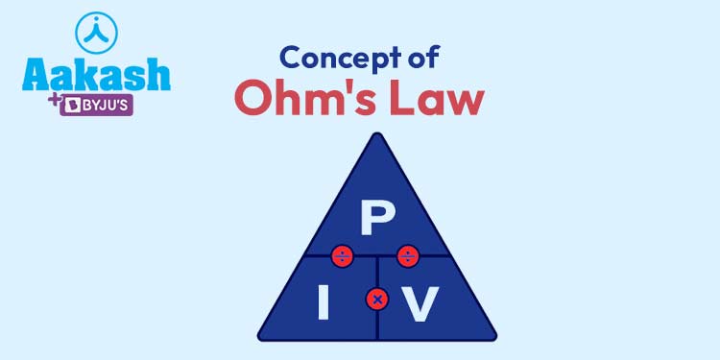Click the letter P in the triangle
click(x=372, y=219)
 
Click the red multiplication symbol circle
click(x=377, y=300)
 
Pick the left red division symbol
click(x=342, y=256)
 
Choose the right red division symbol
click(x=407, y=256)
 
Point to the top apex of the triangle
click(x=376, y=135)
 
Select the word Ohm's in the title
click(x=305, y=99)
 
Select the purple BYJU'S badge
click(x=96, y=104)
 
